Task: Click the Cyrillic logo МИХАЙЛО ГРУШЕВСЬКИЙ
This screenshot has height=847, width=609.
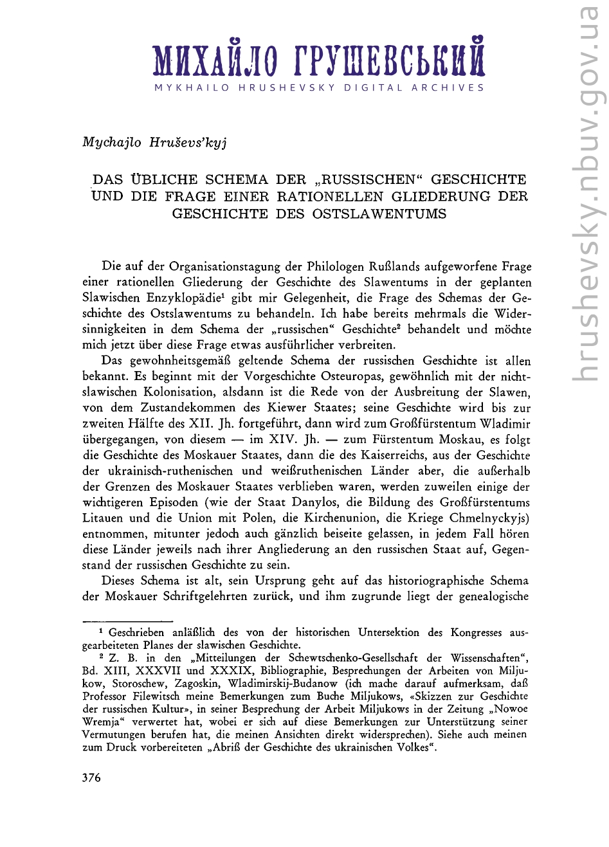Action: [319, 60]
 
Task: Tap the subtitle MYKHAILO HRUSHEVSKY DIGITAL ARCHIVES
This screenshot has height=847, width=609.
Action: [319, 88]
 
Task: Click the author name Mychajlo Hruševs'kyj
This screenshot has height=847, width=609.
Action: [154, 142]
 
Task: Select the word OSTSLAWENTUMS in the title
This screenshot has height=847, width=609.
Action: [379, 214]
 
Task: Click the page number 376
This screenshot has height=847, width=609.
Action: [92, 778]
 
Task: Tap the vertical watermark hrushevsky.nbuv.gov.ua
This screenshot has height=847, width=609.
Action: [588, 193]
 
